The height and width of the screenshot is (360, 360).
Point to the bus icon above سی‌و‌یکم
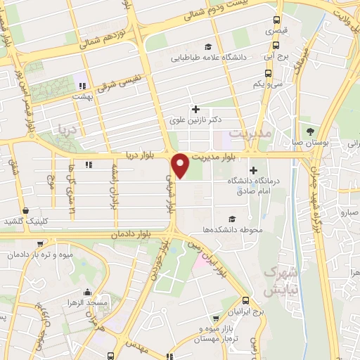tap(268, 72)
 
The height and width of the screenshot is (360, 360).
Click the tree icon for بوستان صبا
tap(310, 131)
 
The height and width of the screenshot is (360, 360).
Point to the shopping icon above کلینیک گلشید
tap(26, 210)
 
